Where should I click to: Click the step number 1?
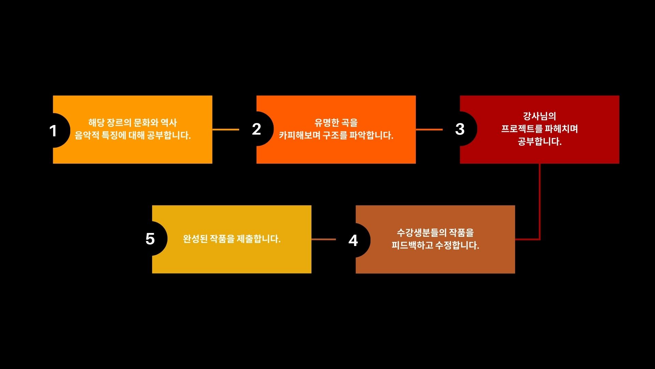coord(53,131)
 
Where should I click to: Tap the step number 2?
coord(257,129)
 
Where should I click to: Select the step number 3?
coord(460,129)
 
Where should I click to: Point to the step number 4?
coord(353,241)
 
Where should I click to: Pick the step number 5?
coord(150,239)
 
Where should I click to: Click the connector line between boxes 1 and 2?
coord(226,129)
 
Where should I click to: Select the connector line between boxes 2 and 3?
coord(429,129)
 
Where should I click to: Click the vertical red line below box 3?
coord(540,202)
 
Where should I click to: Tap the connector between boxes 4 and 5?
coord(324,239)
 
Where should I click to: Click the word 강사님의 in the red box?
coord(540,116)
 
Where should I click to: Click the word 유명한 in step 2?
coord(327,122)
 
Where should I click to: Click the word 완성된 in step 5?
coord(195,239)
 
